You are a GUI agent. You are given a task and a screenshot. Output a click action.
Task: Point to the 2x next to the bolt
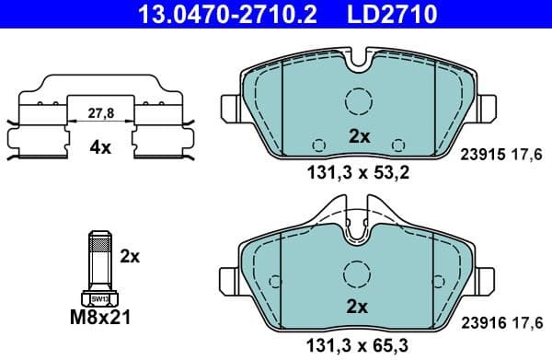click(131, 257)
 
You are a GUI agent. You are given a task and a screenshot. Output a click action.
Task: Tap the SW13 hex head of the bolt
click(98, 298)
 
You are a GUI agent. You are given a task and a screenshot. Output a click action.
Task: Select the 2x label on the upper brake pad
click(358, 136)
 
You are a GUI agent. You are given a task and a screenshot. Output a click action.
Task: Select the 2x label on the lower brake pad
click(358, 306)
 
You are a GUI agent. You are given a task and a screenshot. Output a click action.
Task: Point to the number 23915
click(477, 156)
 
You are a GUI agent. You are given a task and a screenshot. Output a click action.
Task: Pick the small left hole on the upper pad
click(319, 145)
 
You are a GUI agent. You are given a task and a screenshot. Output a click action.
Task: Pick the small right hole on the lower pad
click(398, 315)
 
